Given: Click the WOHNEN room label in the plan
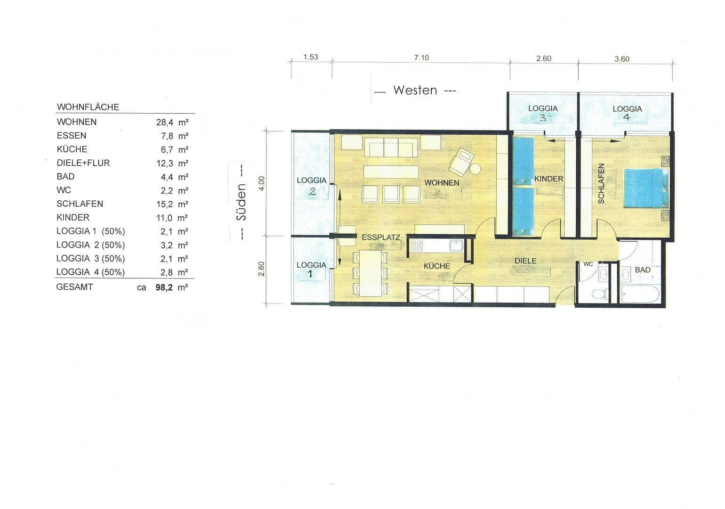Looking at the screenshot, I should pyautogui.click(x=442, y=182).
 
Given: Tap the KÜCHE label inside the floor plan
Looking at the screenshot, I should pyautogui.click(x=436, y=266).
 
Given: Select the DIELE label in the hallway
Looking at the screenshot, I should pyautogui.click(x=525, y=261).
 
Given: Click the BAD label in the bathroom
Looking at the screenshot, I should pyautogui.click(x=642, y=270).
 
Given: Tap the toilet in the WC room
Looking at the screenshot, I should pyautogui.click(x=599, y=294).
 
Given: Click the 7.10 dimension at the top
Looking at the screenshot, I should pyautogui.click(x=421, y=57).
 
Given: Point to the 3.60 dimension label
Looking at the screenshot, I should pyautogui.click(x=621, y=59).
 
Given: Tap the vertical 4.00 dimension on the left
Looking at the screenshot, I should pyautogui.click(x=262, y=182).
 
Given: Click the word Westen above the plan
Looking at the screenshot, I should pyautogui.click(x=415, y=90).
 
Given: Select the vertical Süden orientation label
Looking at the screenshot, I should pyautogui.click(x=241, y=202).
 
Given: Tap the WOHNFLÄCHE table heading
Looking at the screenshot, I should pyautogui.click(x=88, y=107).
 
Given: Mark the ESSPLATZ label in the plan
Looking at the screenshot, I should pyautogui.click(x=380, y=238).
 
